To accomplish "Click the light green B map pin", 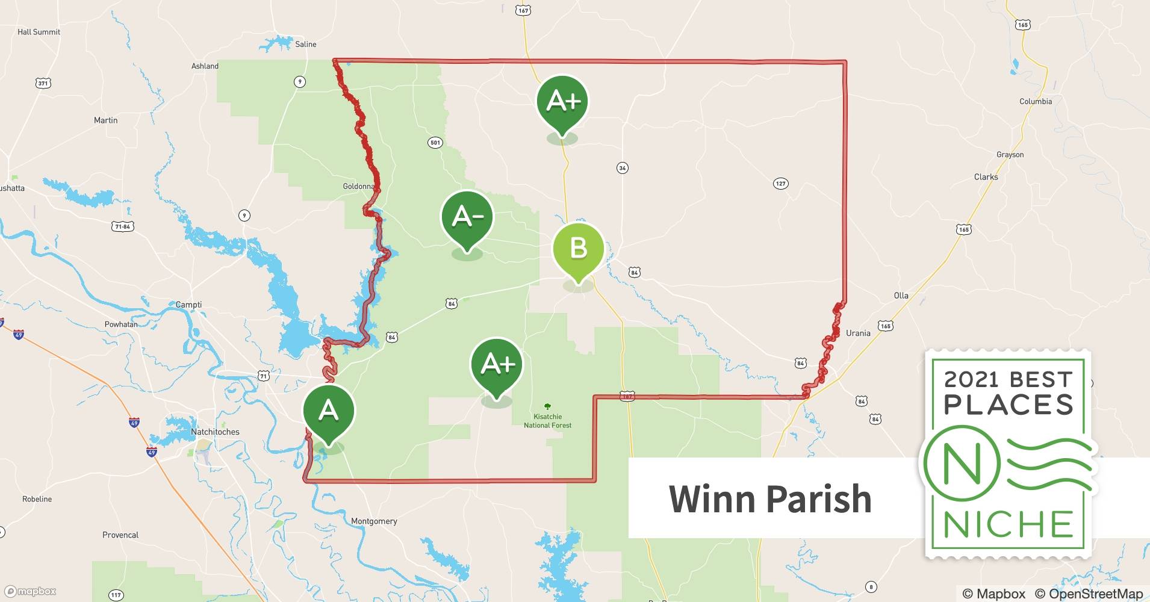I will click(x=578, y=248).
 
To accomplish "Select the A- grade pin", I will click(x=467, y=217).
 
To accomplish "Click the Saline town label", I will click(x=305, y=44).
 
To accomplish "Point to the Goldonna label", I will click(x=358, y=186).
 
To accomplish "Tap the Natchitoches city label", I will click(x=215, y=432).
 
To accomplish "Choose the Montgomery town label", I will click(x=374, y=521).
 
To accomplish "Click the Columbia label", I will click(x=1036, y=101).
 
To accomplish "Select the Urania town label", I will click(x=858, y=333).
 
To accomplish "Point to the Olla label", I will click(x=901, y=295).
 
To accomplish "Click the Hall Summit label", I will click(x=39, y=32).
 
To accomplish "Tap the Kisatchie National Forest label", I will click(x=547, y=421).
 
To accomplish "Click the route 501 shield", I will click(x=435, y=143).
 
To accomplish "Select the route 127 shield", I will click(x=780, y=184).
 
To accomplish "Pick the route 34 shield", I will click(x=623, y=168).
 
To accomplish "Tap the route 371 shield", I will click(x=43, y=83).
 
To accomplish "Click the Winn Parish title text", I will click(x=770, y=498).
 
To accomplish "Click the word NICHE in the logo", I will click(x=1009, y=524).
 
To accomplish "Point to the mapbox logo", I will click(x=30, y=591).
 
